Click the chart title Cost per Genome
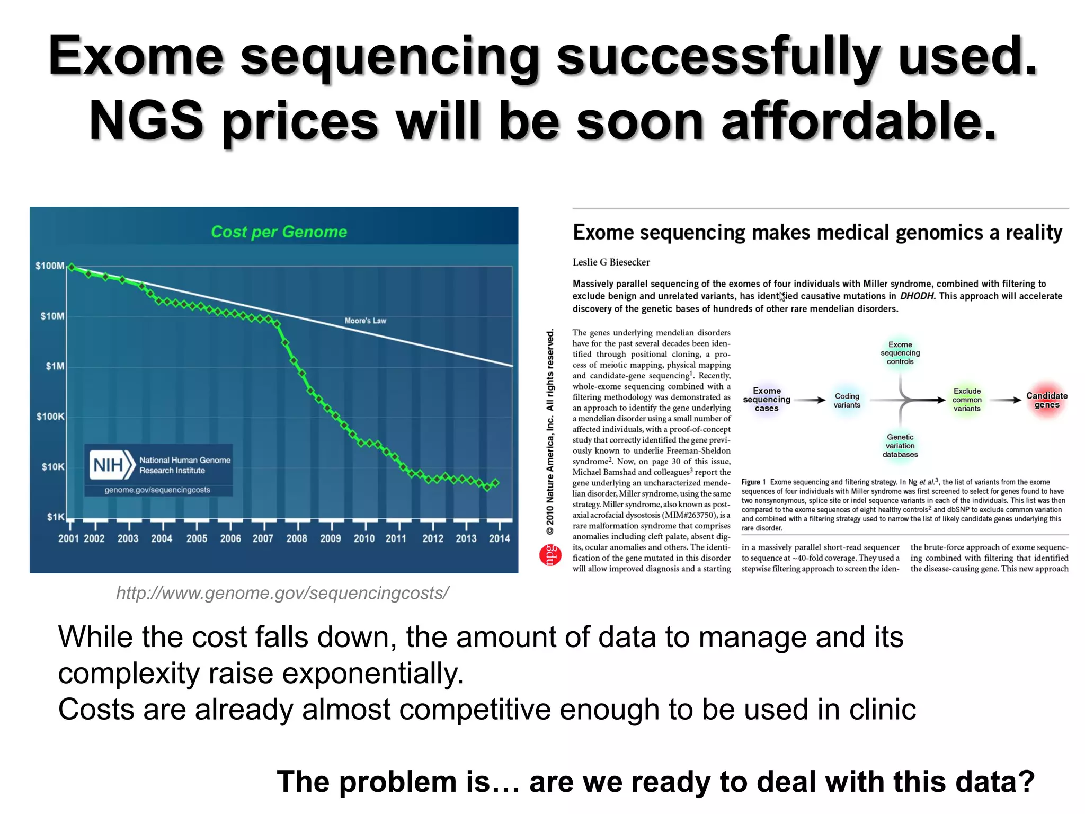pyautogui.click(x=279, y=232)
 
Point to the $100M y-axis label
pyautogui.click(x=50, y=266)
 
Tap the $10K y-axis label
pyautogui.click(x=53, y=467)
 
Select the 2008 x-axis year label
pyautogui.click(x=297, y=538)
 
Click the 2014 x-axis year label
pyautogui.click(x=499, y=538)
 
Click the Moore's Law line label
pyautogui.click(x=365, y=321)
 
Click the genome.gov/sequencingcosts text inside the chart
pyautogui.click(x=157, y=490)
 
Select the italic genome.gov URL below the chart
pyautogui.click(x=282, y=593)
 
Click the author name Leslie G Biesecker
pyautogui.click(x=611, y=262)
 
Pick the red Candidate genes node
pyautogui.click(x=1046, y=400)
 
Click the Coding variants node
pyautogui.click(x=847, y=401)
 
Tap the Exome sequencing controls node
pyautogui.click(x=900, y=353)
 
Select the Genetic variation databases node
pyautogui.click(x=900, y=446)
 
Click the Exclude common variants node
pyautogui.click(x=967, y=400)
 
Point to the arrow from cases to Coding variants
pyautogui.click(x=810, y=400)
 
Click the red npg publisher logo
pyautogui.click(x=550, y=554)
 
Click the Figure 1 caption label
pyautogui.click(x=753, y=482)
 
